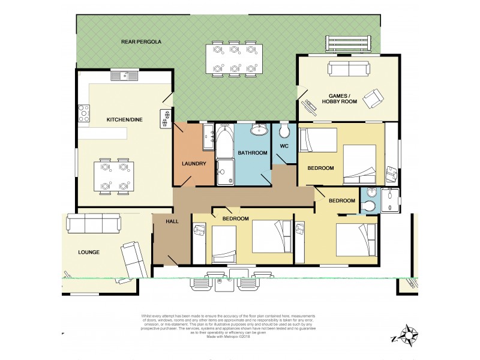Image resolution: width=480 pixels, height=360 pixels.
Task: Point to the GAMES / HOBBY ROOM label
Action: click(343, 99)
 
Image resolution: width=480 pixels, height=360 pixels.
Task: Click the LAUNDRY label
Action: click(194, 164)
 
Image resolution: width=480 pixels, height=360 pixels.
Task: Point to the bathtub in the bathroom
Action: click(224, 142)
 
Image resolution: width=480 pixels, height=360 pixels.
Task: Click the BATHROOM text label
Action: click(252, 153)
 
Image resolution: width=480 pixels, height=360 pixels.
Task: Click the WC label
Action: click(285, 146)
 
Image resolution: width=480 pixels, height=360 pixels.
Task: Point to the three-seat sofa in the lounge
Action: click(93, 224)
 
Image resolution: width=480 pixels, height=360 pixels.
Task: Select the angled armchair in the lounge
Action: click(133, 257)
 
